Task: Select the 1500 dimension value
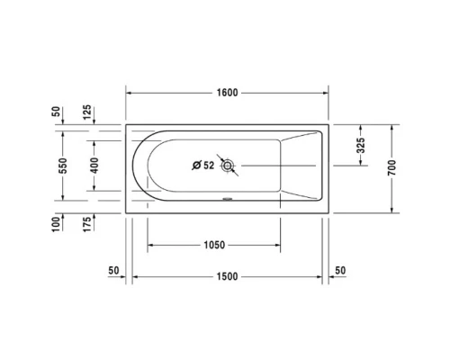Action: click(227, 276)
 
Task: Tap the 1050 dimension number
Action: click(214, 244)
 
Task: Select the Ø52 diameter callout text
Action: click(203, 165)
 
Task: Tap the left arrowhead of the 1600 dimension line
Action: click(129, 93)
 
